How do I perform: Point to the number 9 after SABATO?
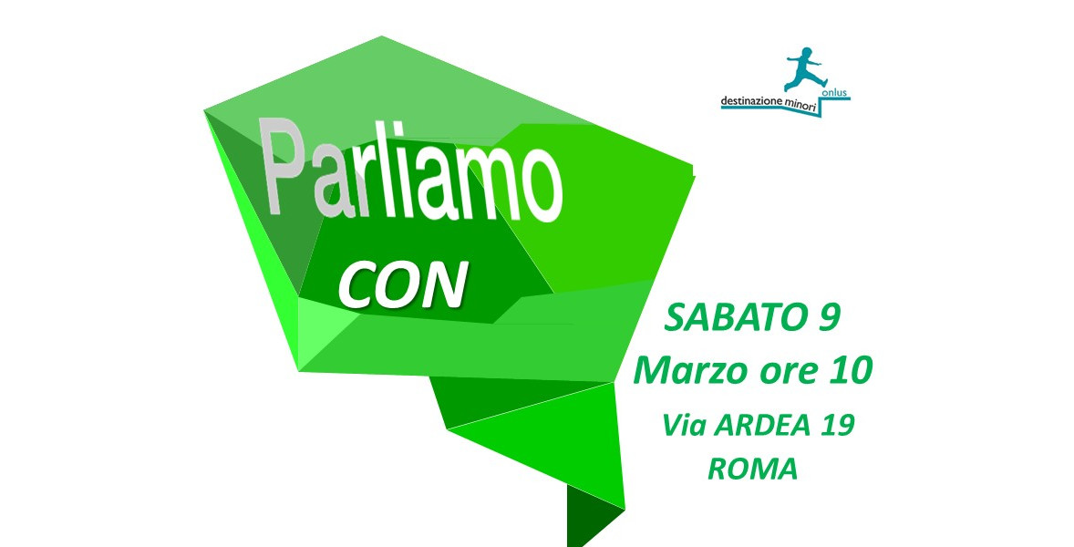coord(827,317)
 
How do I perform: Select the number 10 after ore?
coord(852,371)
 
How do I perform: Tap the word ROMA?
coord(753,469)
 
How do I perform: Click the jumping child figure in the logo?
coord(806,69)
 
